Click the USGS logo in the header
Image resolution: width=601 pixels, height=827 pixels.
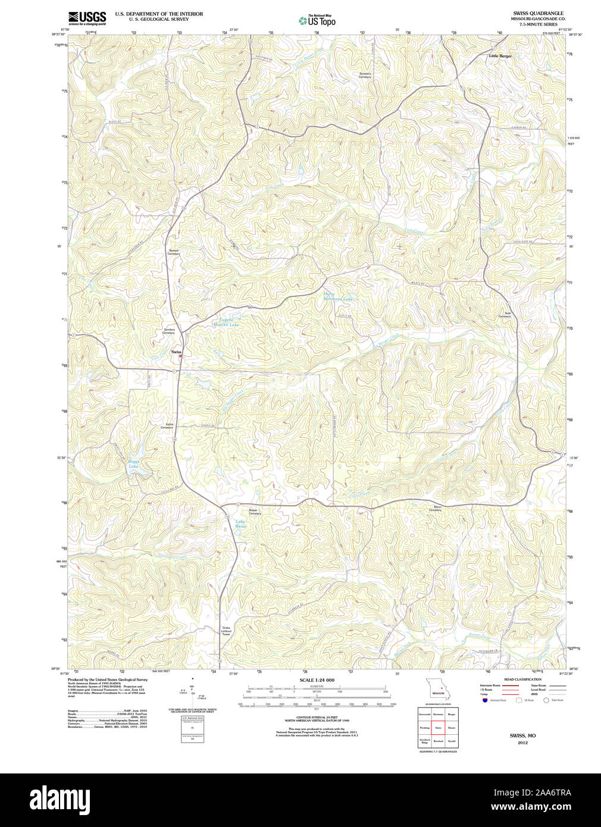tap(87, 17)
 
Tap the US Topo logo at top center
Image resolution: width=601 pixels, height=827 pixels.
tap(317, 21)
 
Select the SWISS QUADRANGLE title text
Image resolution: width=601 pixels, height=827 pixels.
tap(538, 13)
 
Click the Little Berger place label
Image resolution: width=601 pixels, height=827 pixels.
tap(500, 56)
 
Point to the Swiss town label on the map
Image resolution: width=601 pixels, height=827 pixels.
tap(176, 352)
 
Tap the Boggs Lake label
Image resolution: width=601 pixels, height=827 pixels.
tap(134, 463)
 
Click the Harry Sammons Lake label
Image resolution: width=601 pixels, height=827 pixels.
tap(338, 296)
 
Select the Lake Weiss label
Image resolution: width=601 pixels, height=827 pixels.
tap(240, 524)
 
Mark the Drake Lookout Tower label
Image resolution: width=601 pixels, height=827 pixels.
tap(226, 631)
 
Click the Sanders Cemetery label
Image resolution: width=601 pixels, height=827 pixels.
tap(169, 331)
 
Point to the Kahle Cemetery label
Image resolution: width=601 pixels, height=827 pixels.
tap(167, 426)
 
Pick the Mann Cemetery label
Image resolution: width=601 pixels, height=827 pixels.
tap(435, 509)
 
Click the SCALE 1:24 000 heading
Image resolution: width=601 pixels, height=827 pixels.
tap(317, 680)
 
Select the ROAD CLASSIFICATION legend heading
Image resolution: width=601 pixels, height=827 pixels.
tap(522, 679)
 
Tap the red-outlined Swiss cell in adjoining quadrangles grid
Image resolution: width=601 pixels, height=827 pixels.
tap(439, 728)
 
